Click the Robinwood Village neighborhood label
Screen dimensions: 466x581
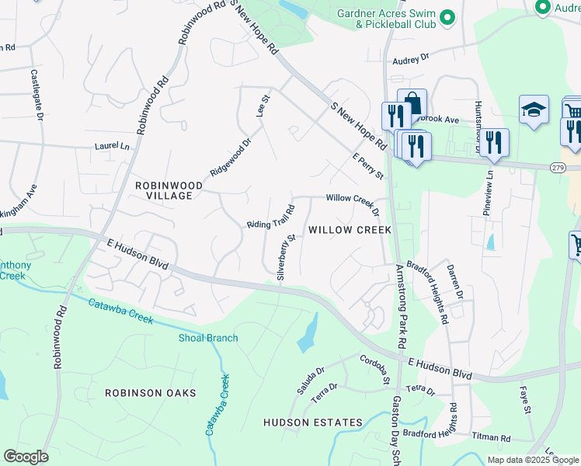[x=169, y=190]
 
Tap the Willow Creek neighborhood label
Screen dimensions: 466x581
[x=350, y=230]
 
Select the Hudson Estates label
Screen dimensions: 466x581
[x=312, y=423]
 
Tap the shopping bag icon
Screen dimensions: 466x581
[x=412, y=103]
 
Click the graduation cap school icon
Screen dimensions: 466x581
[x=534, y=110]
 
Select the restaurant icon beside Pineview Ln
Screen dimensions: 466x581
[x=493, y=142]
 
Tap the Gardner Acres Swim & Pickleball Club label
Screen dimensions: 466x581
[x=384, y=19]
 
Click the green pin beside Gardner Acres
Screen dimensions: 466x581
[x=447, y=17]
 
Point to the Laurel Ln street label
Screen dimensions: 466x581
[x=112, y=145]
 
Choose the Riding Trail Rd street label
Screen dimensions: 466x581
[x=270, y=217]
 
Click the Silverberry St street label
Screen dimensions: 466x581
[x=287, y=257]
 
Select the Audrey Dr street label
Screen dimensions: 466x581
[x=411, y=57]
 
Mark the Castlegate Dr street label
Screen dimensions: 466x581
[x=36, y=95]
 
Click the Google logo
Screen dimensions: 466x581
[x=26, y=457]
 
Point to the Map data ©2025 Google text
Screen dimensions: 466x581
[x=532, y=460]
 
